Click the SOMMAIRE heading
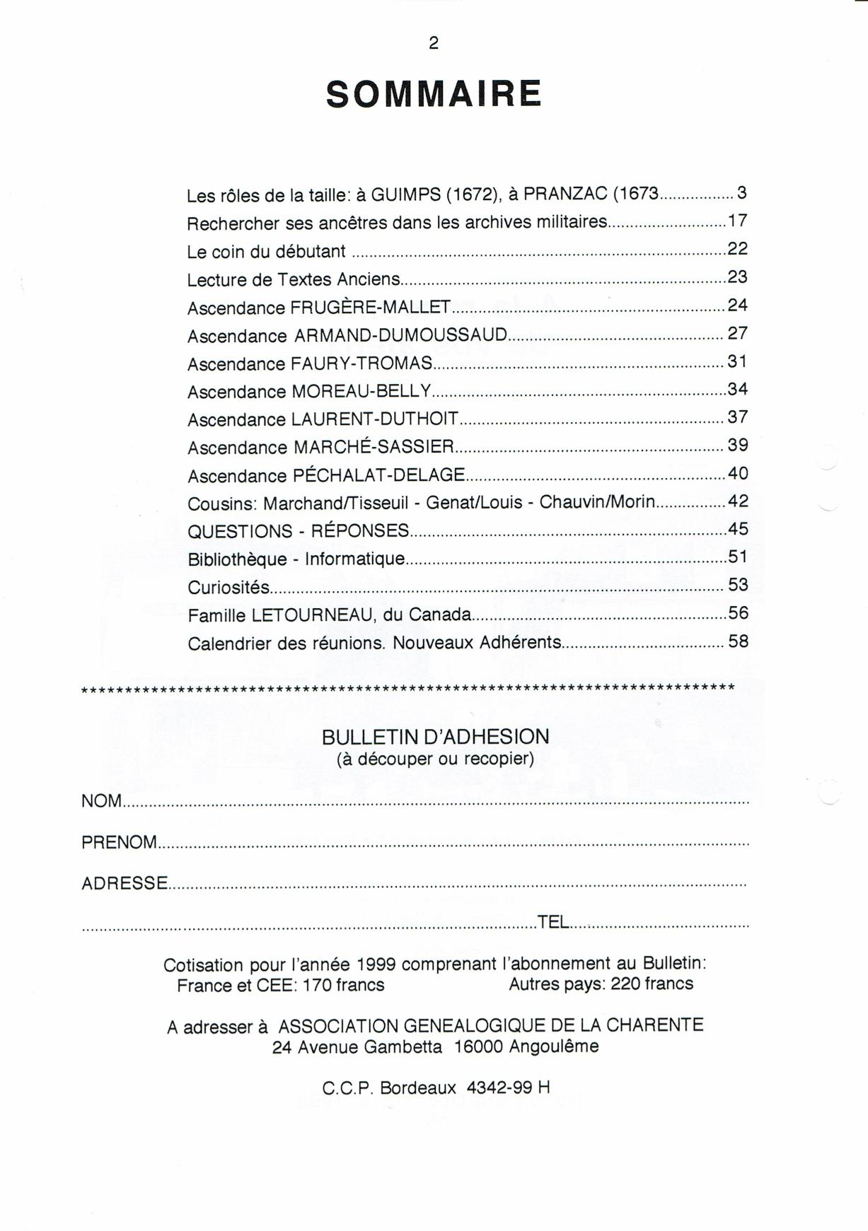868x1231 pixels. pyautogui.click(x=434, y=94)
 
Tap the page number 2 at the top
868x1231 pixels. pyautogui.click(x=434, y=43)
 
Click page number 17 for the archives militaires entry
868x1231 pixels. pyautogui.click(x=737, y=221)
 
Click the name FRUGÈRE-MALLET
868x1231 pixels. pyautogui.click(x=371, y=307)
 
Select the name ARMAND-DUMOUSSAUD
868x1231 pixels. pyautogui.click(x=400, y=334)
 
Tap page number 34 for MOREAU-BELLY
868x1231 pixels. pyautogui.click(x=737, y=389)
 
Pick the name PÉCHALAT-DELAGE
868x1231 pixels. pyautogui.click(x=378, y=474)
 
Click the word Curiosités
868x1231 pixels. pyautogui.click(x=228, y=587)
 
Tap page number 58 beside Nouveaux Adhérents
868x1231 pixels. pyautogui.click(x=738, y=641)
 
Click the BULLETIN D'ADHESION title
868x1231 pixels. pyautogui.click(x=435, y=737)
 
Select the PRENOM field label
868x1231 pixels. pyautogui.click(x=119, y=842)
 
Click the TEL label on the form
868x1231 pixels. pyautogui.click(x=553, y=922)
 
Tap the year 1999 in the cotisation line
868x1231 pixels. pyautogui.click(x=376, y=964)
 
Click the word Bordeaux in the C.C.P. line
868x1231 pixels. pyautogui.click(x=418, y=1087)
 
